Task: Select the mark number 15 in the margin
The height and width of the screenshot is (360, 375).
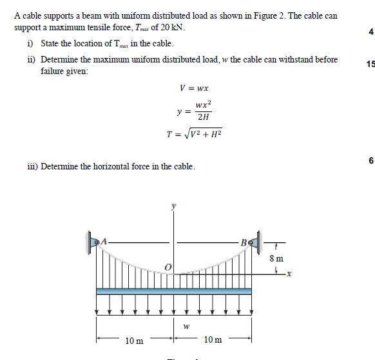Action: (x=370, y=64)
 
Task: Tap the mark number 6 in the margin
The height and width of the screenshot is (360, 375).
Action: (x=370, y=160)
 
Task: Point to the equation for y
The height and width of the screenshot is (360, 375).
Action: (x=195, y=110)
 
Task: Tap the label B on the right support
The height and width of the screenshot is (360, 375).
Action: (x=243, y=242)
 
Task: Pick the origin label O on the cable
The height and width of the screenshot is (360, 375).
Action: (x=167, y=266)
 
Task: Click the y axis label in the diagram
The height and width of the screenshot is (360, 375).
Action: (x=172, y=207)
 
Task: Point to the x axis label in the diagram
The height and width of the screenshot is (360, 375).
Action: (x=289, y=274)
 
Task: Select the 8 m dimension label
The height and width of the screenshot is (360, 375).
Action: (x=275, y=258)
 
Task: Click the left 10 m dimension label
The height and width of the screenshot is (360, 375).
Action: (x=135, y=339)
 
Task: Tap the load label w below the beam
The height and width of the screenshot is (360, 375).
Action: (x=186, y=327)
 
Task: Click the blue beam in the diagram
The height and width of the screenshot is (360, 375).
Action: (x=174, y=291)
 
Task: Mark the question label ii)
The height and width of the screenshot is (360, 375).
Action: (x=31, y=59)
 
